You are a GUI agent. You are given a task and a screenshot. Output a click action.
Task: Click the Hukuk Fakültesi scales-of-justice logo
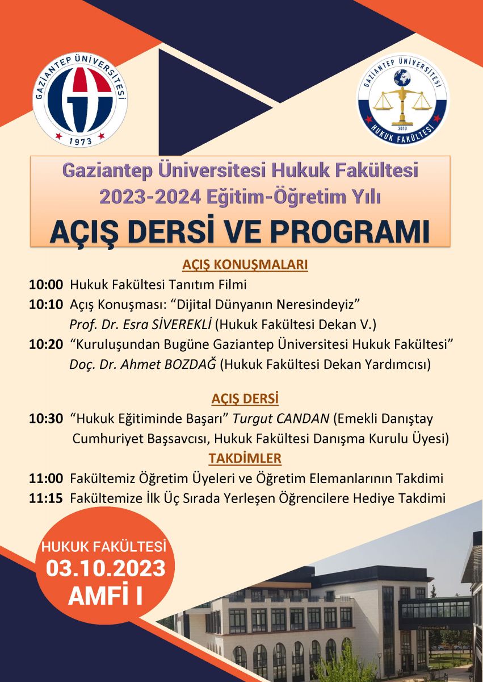click(403, 99)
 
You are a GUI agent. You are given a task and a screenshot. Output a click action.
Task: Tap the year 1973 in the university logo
click(81, 141)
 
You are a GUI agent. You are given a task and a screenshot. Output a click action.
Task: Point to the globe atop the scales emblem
click(402, 78)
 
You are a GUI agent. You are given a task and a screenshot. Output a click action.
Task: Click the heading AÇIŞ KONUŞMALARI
click(245, 265)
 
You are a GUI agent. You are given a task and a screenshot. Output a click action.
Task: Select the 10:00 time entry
click(46, 285)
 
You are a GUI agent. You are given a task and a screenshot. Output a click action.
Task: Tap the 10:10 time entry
click(46, 305)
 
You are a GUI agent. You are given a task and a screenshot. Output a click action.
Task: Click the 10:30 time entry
click(46, 419)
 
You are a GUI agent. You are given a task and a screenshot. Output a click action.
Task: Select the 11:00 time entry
click(46, 479)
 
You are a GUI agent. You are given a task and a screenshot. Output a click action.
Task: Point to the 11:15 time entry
click(46, 498)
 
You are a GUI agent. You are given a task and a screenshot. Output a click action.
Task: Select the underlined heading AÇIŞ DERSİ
click(245, 398)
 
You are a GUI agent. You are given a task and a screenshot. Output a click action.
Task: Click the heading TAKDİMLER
click(245, 458)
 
